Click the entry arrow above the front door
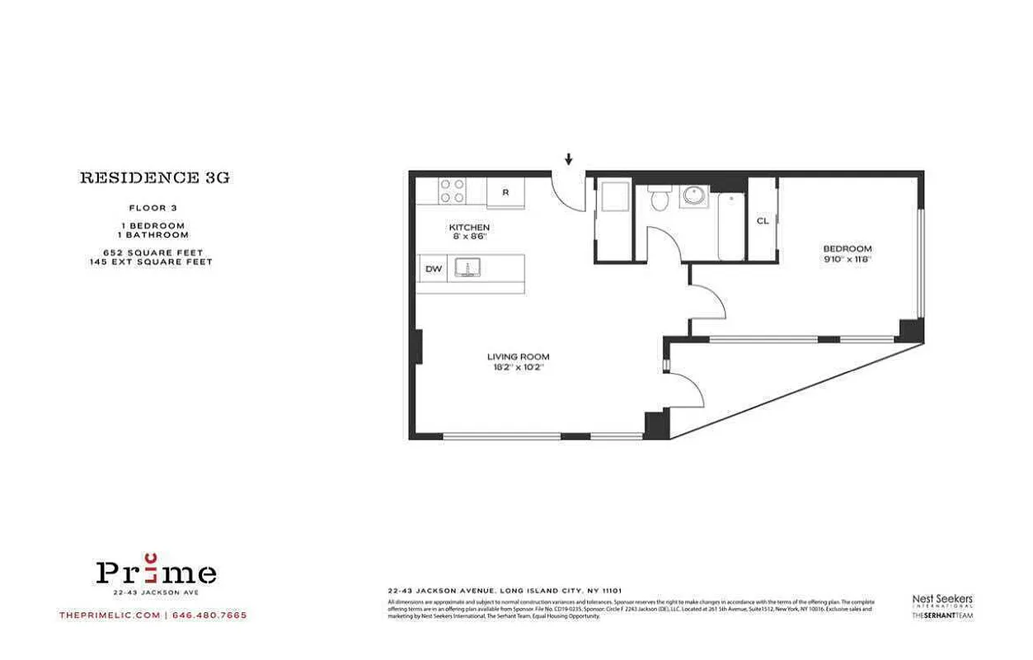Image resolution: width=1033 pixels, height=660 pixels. [568, 159]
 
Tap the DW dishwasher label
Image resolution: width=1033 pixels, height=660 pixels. [432, 269]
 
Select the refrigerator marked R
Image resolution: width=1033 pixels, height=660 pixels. [505, 193]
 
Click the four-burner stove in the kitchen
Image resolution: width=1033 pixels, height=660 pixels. [451, 191]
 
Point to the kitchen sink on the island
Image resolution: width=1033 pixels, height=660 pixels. [473, 268]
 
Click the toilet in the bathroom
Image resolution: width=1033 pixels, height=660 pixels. [659, 198]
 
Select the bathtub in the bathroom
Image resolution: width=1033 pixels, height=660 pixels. [730, 226]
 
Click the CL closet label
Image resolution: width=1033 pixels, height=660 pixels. [763, 221]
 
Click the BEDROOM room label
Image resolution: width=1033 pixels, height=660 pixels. [847, 248]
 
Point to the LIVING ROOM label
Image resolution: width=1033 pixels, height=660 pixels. [518, 356]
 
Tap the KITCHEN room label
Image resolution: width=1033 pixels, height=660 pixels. [469, 228]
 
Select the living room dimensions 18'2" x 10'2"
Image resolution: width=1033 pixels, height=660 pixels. [518, 367]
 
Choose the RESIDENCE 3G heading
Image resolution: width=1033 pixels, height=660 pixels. [154, 177]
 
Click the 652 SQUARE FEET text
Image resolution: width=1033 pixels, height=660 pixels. [153, 252]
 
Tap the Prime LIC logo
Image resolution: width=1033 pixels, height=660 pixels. [156, 572]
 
